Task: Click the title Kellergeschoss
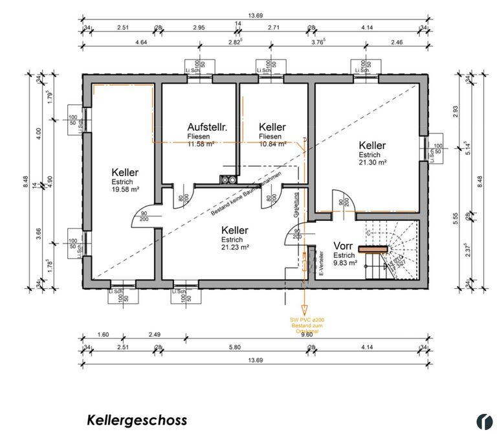pos(137,420)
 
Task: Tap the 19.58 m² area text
pos(126,189)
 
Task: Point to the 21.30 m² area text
pos(373,163)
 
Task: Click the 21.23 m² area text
pos(235,246)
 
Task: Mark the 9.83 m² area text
pos(345,262)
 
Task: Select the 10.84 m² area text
pos(271,144)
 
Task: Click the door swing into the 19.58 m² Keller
pos(144,218)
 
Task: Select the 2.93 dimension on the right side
pos(456,111)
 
